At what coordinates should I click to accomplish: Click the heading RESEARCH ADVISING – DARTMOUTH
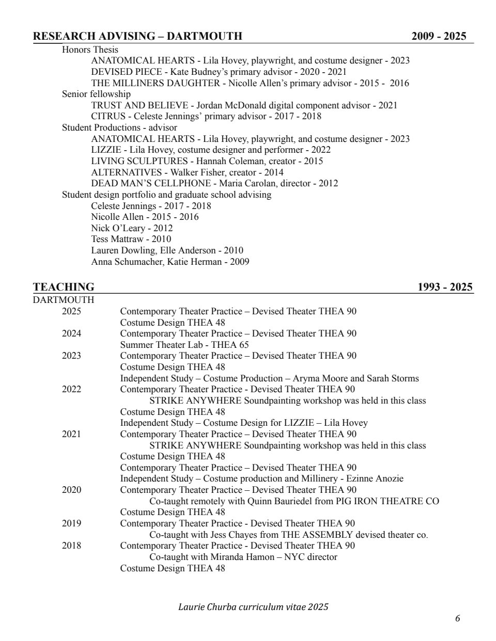tap(137, 36)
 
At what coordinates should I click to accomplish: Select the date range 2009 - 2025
tap(439, 36)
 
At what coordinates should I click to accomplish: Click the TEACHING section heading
tap(64, 287)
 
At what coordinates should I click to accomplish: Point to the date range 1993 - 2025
tap(445, 287)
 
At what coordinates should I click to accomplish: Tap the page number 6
tap(457, 618)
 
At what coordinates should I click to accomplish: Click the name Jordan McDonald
tap(229, 105)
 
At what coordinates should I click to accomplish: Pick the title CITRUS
tap(105, 116)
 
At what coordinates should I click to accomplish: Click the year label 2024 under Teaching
tap(71, 333)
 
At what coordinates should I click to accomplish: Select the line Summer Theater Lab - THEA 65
tap(184, 345)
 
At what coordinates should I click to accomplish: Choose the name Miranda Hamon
tap(242, 557)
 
